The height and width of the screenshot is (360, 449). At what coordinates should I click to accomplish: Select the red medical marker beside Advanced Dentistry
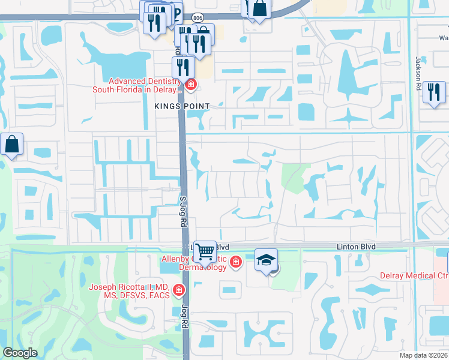[x=191, y=85]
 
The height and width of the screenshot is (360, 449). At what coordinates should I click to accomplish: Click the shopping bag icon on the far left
[x=12, y=145]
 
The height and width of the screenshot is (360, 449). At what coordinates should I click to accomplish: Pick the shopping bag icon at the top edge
[x=261, y=9]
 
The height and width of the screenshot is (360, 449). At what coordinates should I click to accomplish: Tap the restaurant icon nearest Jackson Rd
[x=433, y=92]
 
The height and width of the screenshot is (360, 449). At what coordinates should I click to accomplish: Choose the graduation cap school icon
[x=266, y=260]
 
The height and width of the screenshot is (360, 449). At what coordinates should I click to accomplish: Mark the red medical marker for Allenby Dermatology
[x=236, y=262]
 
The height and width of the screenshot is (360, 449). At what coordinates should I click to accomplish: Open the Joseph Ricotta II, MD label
[x=129, y=291]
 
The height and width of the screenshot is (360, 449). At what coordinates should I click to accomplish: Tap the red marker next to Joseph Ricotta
[x=178, y=291]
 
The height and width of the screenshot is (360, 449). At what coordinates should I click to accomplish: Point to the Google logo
[x=20, y=353]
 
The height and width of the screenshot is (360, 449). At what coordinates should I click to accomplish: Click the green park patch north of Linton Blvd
[x=292, y=177]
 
